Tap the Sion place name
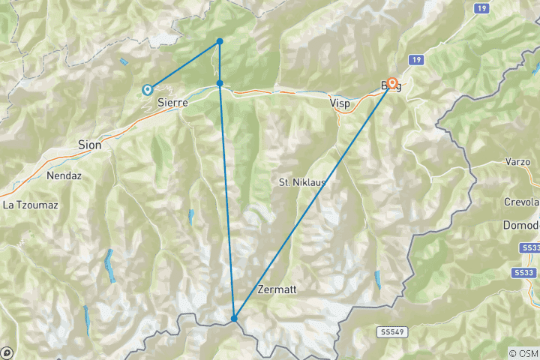[x=89, y=145]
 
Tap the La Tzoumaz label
[x=30, y=204]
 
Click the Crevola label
[x=522, y=202]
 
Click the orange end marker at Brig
[x=391, y=83]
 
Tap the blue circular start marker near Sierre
[x=148, y=89]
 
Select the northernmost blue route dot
[x=219, y=41]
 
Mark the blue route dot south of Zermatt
[x=234, y=319]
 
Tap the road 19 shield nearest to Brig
[x=414, y=59]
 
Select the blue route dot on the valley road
[x=219, y=83]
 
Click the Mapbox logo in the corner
[x=7, y=352]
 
